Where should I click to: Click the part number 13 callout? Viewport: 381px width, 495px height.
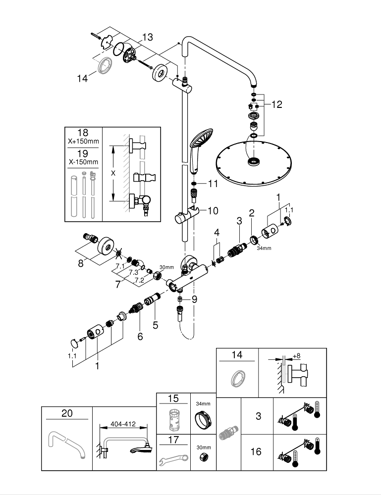click(147, 37)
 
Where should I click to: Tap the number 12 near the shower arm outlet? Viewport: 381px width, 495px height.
click(276, 104)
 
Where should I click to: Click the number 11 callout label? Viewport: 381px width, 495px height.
click(213, 184)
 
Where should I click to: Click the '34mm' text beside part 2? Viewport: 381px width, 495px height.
click(264, 248)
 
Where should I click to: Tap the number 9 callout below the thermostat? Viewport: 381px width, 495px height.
click(194, 299)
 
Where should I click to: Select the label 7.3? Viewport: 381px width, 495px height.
click(133, 272)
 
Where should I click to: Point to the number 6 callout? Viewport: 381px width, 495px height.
click(140, 336)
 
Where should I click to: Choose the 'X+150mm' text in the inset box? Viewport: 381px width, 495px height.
click(83, 142)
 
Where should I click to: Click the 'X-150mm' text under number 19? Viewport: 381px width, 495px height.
click(83, 162)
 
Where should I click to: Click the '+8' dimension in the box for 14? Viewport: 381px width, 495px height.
click(297, 355)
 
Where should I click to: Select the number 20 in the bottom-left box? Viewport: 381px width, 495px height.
click(67, 413)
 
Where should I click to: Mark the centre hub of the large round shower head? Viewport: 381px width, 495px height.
click(254, 161)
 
